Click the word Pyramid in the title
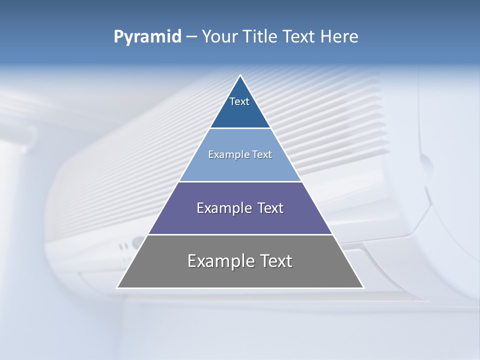[147, 37]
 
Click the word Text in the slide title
[300, 36]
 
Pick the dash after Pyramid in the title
[191, 37]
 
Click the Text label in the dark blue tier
[239, 101]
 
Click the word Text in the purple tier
[270, 208]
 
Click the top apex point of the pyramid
[240, 75]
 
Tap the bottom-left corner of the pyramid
[117, 287]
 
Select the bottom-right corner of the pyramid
[363, 287]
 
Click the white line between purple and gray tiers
[240, 234]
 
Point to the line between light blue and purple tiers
[240, 181]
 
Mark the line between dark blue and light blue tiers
[240, 128]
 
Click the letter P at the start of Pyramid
[118, 36]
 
